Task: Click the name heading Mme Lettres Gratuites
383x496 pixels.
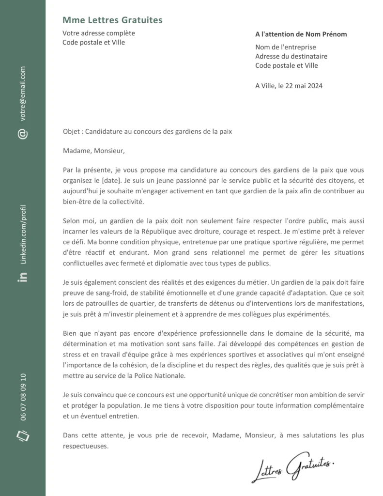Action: point(112,20)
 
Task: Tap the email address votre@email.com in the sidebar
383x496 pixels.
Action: point(23,93)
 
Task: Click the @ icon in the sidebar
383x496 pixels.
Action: point(23,134)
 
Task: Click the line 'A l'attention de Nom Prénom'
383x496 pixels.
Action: point(301,34)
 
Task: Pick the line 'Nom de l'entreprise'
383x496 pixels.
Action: point(285,47)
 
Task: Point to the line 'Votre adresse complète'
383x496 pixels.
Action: point(99,33)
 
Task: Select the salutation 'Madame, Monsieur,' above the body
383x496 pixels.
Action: point(93,151)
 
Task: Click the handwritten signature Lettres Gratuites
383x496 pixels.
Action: point(292,468)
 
